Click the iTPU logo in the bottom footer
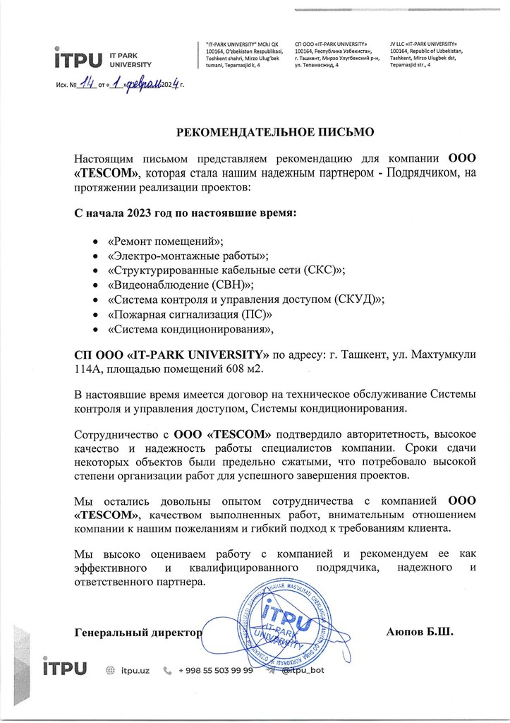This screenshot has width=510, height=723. click(65, 669)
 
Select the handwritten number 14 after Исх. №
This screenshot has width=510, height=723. click(87, 85)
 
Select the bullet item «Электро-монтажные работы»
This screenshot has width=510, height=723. click(188, 256)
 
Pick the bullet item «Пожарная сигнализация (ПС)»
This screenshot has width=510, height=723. click(190, 313)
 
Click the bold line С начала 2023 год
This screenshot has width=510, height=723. click(186, 213)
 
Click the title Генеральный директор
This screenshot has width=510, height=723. click(138, 632)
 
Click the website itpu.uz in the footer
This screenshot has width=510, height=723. click(135, 669)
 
